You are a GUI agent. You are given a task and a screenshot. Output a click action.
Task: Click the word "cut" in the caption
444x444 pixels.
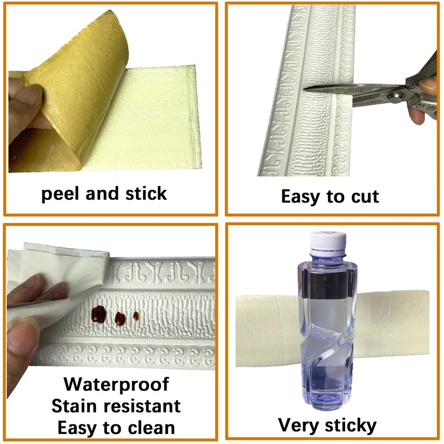click(x=365, y=197)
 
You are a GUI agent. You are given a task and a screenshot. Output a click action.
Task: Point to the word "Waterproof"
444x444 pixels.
click(x=117, y=385)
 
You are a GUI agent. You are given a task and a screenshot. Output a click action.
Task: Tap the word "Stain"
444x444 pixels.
click(x=74, y=406)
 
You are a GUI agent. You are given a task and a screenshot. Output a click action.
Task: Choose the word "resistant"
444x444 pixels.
click(x=142, y=406)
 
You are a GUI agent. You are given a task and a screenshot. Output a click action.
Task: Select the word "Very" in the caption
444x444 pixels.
click(x=299, y=426)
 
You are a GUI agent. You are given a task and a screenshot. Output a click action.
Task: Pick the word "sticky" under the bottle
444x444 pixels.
click(x=351, y=426)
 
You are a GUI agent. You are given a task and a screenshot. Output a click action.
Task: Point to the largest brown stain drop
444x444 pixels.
click(x=99, y=314)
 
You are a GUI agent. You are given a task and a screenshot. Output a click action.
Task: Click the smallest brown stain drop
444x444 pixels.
click(x=136, y=316)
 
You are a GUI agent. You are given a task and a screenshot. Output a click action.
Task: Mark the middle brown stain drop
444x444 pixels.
click(x=120, y=319)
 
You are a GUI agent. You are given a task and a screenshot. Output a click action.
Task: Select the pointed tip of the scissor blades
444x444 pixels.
click(x=304, y=89)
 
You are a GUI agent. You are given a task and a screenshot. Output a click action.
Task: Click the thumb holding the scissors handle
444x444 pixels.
click(x=427, y=85)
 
